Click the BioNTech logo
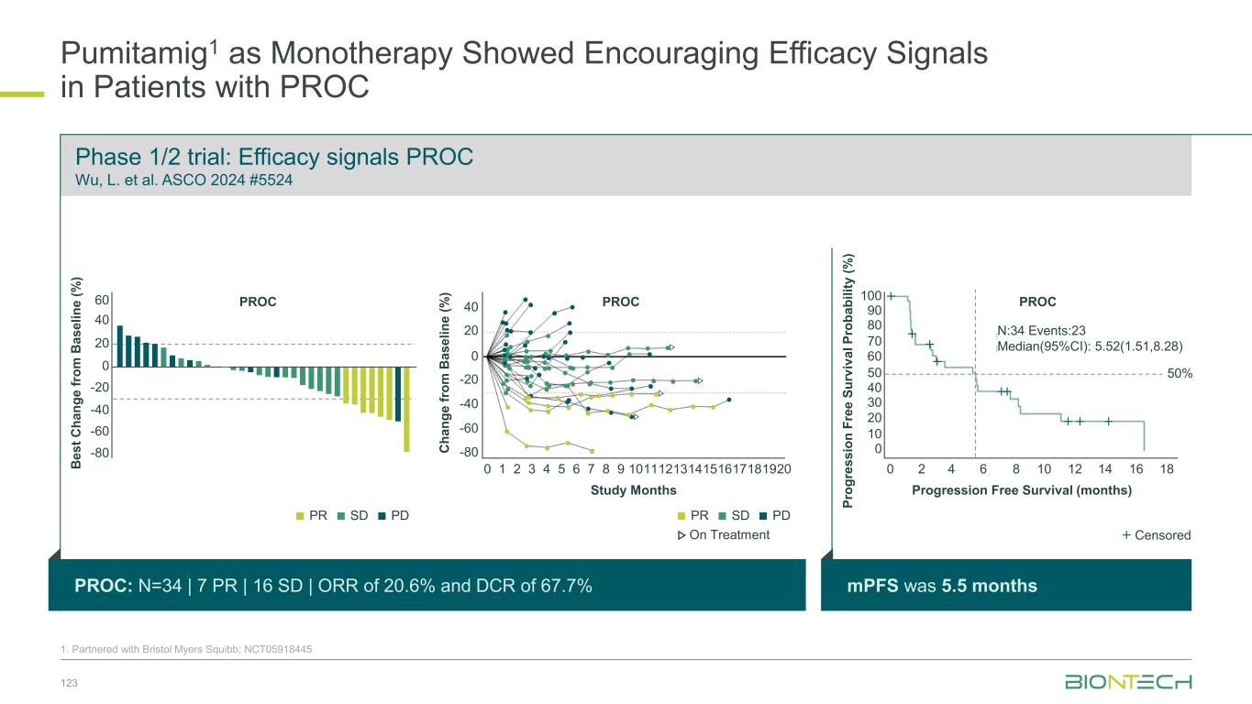(1127, 682)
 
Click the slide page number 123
(68, 682)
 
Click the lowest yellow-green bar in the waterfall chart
(406, 409)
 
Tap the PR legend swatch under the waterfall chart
(299, 515)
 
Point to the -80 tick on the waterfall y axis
(99, 453)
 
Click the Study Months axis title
(634, 490)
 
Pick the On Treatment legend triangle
(681, 535)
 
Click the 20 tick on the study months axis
(783, 468)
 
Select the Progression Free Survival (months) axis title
(1022, 490)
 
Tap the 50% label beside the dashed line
(1178, 374)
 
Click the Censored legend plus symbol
(1126, 535)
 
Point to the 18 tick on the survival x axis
(1167, 468)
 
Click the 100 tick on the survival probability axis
(871, 296)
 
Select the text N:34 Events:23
(1041, 330)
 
